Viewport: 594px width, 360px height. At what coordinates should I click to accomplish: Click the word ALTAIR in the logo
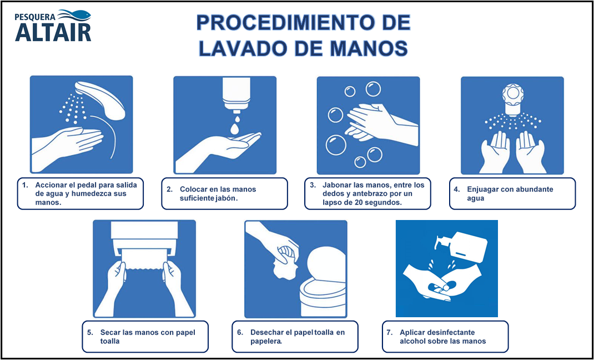click(53, 32)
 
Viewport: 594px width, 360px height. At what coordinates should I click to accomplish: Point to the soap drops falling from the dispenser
click(235, 124)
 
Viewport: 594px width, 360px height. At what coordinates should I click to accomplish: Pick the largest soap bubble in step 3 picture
click(336, 145)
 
